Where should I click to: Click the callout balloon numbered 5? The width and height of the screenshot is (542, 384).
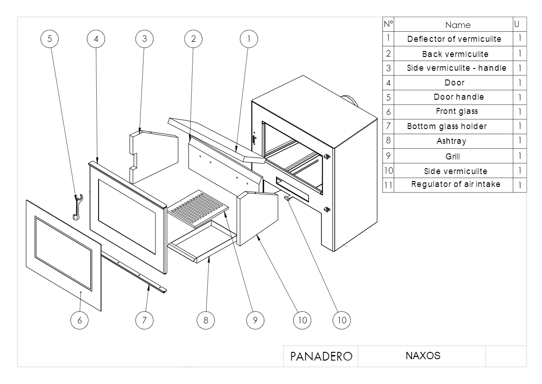(x=50, y=40)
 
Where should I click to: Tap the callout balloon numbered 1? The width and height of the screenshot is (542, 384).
(x=249, y=40)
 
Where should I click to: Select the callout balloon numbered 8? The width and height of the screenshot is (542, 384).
(x=206, y=320)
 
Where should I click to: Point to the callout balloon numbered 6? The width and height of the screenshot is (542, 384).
(x=80, y=320)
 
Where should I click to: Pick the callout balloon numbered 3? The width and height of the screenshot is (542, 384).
(x=144, y=40)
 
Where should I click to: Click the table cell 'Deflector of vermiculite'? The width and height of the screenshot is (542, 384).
(x=454, y=39)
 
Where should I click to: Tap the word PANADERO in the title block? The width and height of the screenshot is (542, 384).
(x=321, y=356)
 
